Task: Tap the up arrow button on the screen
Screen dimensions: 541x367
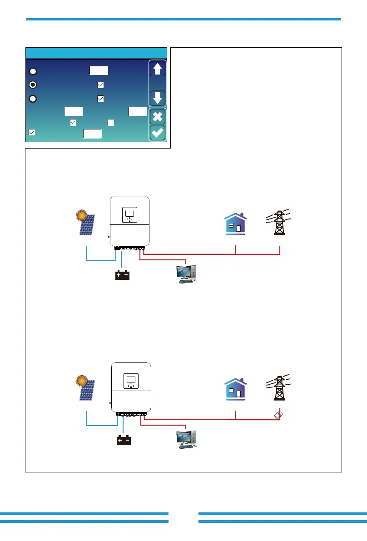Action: pyautogui.click(x=157, y=69)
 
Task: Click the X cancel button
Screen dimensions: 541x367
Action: pyautogui.click(x=157, y=117)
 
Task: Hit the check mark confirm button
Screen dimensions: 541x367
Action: pyautogui.click(x=157, y=133)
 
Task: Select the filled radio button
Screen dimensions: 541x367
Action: pyautogui.click(x=33, y=84)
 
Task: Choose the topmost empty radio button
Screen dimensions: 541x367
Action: pyautogui.click(x=33, y=71)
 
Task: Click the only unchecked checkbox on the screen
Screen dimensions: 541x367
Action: pyautogui.click(x=110, y=122)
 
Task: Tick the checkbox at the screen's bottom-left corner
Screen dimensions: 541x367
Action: pyautogui.click(x=32, y=132)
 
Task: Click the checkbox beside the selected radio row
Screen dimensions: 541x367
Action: pyautogui.click(x=100, y=84)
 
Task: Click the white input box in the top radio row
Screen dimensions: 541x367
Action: pyautogui.click(x=99, y=70)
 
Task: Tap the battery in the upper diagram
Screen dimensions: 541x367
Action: pyautogui.click(x=123, y=275)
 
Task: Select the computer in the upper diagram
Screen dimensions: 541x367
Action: pyautogui.click(x=186, y=274)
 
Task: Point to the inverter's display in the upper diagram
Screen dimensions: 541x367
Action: pyautogui.click(x=129, y=213)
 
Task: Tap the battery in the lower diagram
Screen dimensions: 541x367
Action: pyautogui.click(x=123, y=440)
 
